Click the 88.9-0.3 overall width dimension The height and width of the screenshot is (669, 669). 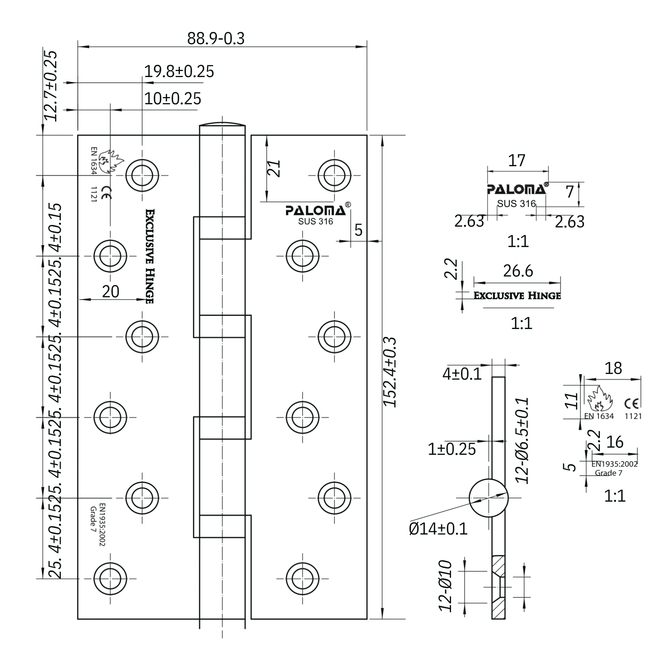216,38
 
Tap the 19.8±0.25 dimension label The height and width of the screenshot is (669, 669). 179,71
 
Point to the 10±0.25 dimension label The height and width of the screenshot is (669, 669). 173,99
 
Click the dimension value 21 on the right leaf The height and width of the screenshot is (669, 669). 274,168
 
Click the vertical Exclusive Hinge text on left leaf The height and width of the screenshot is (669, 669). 150,256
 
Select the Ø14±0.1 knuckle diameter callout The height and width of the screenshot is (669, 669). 438,528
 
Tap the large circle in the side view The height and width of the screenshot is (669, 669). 488,498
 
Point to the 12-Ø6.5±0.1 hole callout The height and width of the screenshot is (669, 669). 522,440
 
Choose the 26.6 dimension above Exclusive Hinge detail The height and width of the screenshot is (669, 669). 518,271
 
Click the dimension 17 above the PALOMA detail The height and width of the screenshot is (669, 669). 516,161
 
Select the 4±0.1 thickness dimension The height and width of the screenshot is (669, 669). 462,374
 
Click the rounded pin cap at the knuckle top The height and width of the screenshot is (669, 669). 222,124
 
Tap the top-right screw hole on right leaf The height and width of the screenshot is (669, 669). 334,176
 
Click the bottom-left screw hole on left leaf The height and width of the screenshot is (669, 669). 110,578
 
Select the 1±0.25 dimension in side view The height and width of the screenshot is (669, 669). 452,449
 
